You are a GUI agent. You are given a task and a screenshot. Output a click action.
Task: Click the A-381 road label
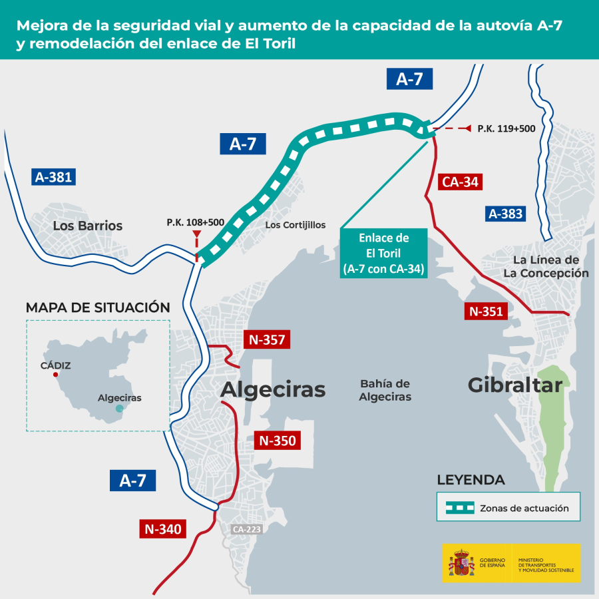pyautogui.click(x=53, y=177)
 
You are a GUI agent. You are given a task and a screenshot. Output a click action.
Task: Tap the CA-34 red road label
pyautogui.click(x=460, y=182)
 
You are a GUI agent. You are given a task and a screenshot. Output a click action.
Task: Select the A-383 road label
pyautogui.click(x=505, y=214)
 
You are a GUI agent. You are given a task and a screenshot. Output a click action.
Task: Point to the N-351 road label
pyautogui.click(x=486, y=311)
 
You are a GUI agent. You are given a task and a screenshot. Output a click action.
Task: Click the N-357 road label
pyautogui.click(x=267, y=339)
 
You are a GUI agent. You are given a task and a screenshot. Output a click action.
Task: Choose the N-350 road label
pyautogui.click(x=278, y=441)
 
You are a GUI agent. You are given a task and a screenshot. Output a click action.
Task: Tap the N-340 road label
pyautogui.click(x=163, y=528)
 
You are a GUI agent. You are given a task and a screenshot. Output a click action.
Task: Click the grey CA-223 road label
pyautogui.click(x=247, y=529)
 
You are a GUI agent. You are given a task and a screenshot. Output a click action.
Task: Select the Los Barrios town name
pyautogui.click(x=87, y=226)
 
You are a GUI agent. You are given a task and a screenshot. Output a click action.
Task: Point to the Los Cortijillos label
pyautogui.click(x=296, y=225)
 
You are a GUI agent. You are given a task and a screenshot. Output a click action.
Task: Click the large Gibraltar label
pyautogui.click(x=515, y=385)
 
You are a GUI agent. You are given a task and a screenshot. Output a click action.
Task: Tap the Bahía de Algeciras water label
pyautogui.click(x=385, y=390)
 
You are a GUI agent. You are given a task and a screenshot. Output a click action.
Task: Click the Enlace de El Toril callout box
pyautogui.click(x=383, y=253)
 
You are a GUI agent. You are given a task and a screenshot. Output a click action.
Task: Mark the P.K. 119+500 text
pyautogui.click(x=506, y=128)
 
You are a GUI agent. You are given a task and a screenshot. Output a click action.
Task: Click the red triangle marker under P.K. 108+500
pyautogui.click(x=197, y=234)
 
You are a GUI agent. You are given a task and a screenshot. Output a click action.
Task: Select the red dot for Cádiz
pyautogui.click(x=56, y=375)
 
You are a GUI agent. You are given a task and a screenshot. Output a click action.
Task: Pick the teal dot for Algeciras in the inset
pyautogui.click(x=120, y=409)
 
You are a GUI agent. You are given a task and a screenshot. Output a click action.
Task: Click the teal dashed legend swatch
pyautogui.click(x=460, y=508)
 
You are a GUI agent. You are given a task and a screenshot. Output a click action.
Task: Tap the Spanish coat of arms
pyautogui.click(x=462, y=562)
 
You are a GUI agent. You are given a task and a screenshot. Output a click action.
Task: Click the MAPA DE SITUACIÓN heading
pyautogui.click(x=98, y=307)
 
